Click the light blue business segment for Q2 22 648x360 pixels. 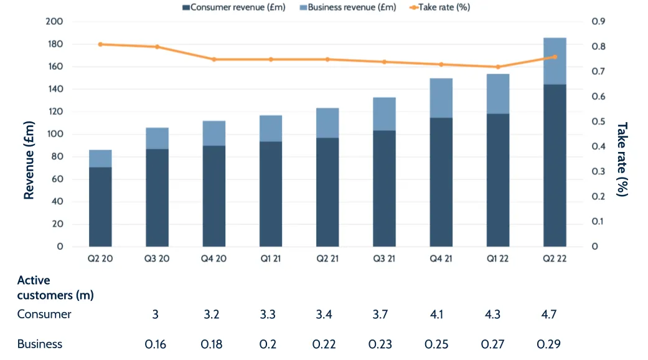(555, 61)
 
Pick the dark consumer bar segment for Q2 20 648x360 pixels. (100, 206)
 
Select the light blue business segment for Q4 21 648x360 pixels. (441, 98)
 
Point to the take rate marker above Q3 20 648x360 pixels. (157, 47)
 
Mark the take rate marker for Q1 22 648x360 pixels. (498, 67)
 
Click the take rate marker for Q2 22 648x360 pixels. (555, 57)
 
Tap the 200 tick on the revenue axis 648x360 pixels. (54, 22)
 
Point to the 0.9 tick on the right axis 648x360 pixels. (599, 22)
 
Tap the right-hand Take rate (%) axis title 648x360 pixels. (622, 159)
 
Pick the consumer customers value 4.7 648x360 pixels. (548, 314)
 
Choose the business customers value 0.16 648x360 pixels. (155, 344)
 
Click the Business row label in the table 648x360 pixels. (40, 344)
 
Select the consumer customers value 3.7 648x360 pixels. (379, 314)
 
